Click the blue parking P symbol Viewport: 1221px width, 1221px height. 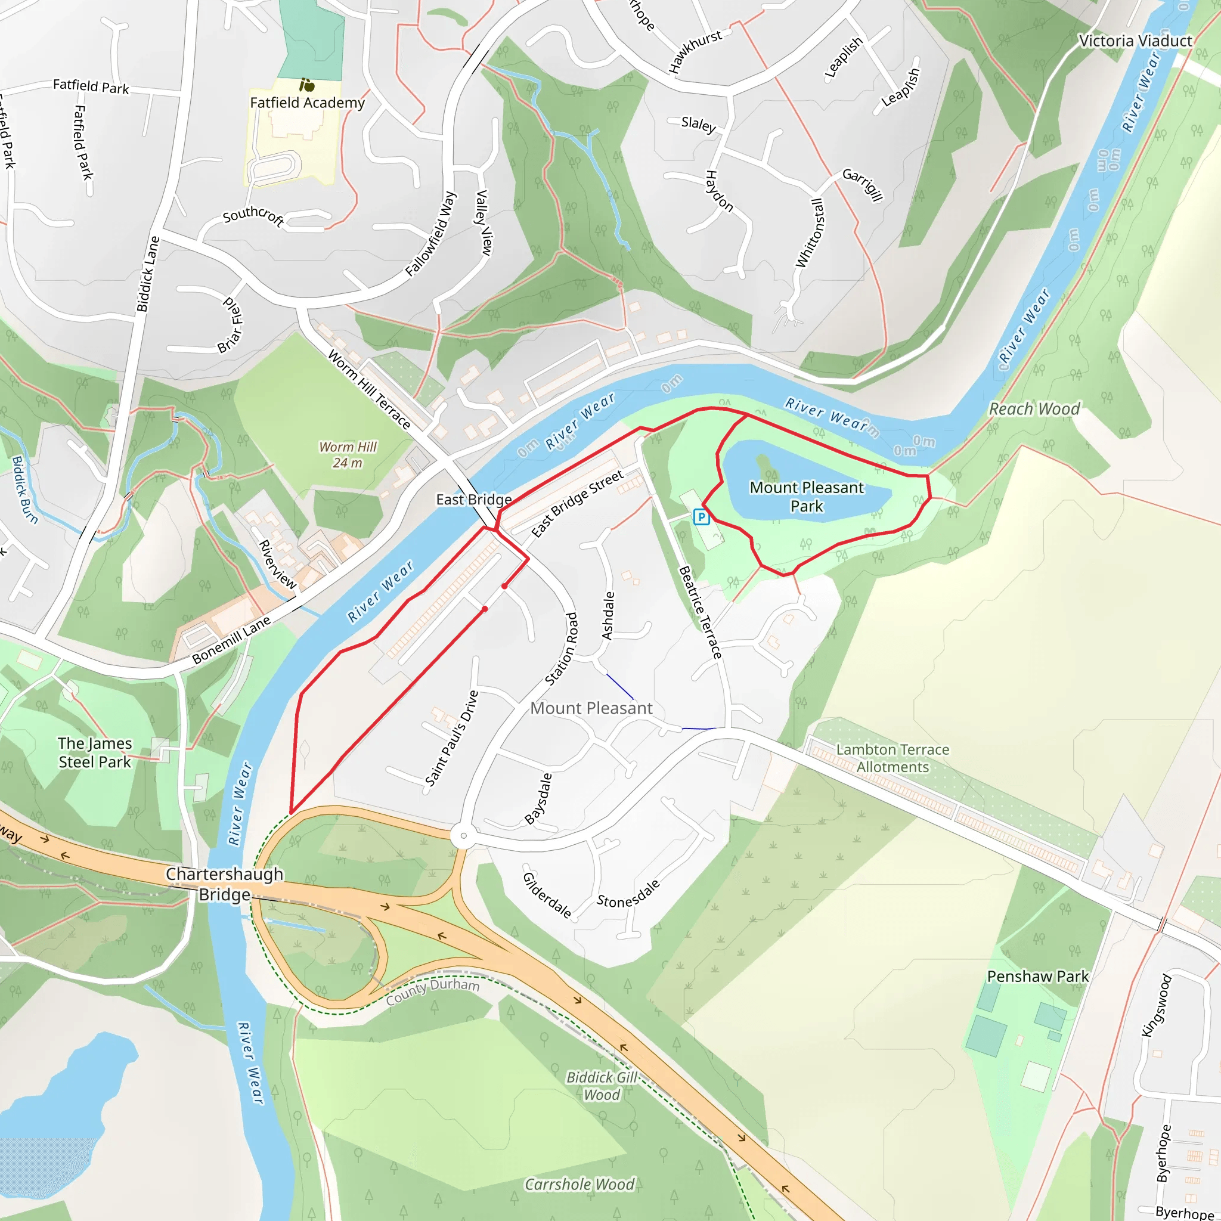click(x=701, y=517)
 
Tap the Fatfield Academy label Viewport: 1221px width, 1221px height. click(x=307, y=103)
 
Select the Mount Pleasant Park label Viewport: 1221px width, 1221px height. click(x=807, y=497)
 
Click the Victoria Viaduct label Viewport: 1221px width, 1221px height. click(x=1135, y=41)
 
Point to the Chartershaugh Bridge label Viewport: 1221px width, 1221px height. click(x=224, y=884)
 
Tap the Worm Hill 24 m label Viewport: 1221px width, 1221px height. click(x=348, y=455)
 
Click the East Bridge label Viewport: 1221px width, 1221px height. click(x=473, y=500)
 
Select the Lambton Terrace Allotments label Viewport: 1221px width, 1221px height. click(x=892, y=758)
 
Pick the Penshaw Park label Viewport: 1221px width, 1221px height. click(x=1038, y=977)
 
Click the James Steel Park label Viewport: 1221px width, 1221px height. click(x=95, y=753)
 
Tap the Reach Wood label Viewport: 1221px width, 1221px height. click(x=1034, y=409)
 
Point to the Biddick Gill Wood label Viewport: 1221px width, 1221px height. click(x=602, y=1086)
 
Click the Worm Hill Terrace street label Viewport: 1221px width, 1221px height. click(x=370, y=389)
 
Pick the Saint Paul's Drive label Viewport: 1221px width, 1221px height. click(x=451, y=738)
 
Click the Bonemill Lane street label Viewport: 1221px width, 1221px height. click(x=231, y=640)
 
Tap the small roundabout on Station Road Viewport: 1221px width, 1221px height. click(x=463, y=836)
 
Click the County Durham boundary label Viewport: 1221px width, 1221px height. click(x=432, y=991)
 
